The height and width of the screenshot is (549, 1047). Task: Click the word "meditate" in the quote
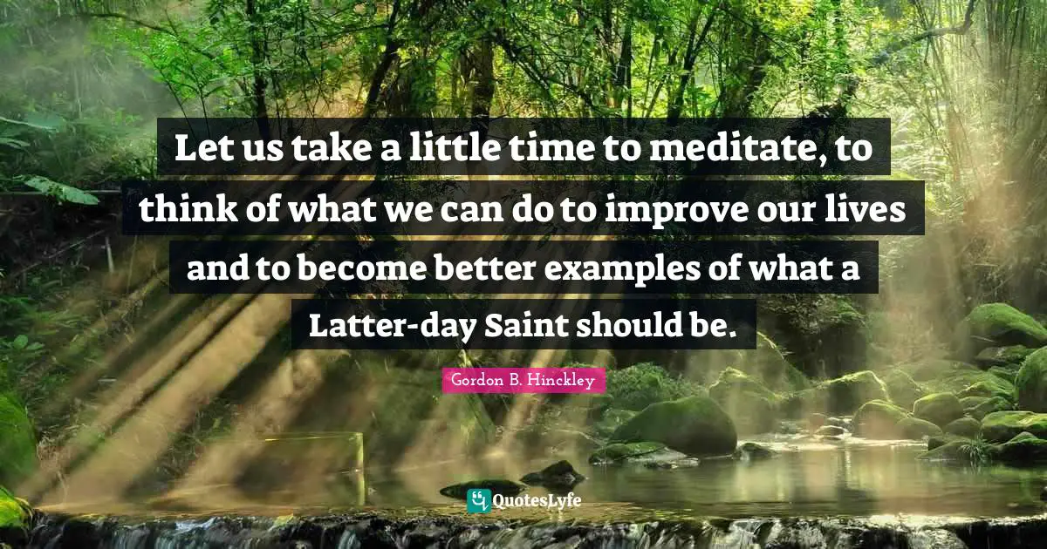coord(731,150)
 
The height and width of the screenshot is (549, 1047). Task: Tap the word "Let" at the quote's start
coord(196,150)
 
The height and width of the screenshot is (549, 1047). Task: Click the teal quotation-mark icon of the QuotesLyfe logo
coord(477,500)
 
